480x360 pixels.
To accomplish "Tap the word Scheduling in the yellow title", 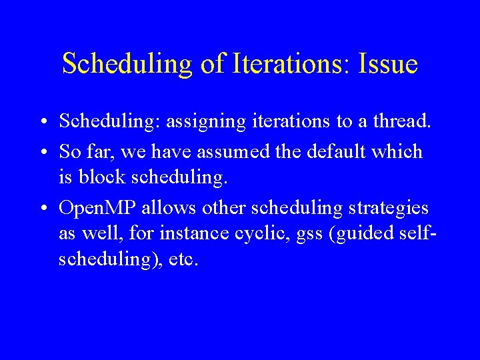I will [x=124, y=65].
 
